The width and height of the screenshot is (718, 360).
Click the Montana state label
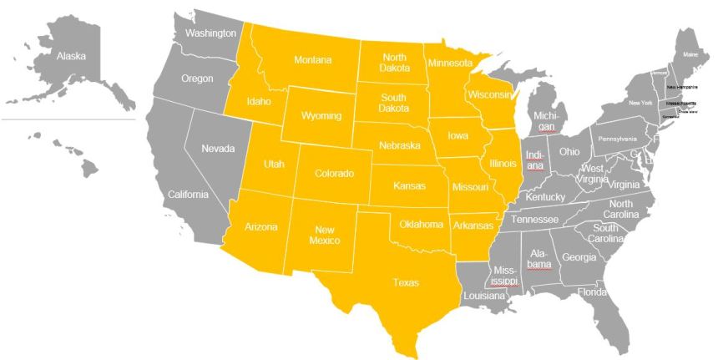[312, 60]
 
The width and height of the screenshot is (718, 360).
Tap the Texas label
[407, 282]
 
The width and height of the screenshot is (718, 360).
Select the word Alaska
[72, 56]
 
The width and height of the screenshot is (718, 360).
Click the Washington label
[210, 33]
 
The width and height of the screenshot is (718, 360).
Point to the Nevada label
[218, 149]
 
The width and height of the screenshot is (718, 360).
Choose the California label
[188, 195]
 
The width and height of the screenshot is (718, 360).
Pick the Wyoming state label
[321, 114]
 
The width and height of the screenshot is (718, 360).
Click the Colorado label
[334, 174]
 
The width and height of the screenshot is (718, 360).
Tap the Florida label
[592, 292]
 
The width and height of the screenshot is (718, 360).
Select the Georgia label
[579, 257]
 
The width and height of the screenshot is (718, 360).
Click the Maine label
[690, 54]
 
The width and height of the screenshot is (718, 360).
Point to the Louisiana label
[484, 296]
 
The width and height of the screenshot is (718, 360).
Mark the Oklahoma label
[421, 224]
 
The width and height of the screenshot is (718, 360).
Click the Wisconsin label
[489, 94]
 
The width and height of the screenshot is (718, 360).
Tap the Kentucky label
[545, 197]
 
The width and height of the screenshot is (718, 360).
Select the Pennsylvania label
[616, 138]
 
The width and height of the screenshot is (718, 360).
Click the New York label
[640, 103]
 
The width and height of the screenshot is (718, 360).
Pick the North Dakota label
[394, 63]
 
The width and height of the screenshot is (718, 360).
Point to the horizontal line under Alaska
[67, 119]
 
